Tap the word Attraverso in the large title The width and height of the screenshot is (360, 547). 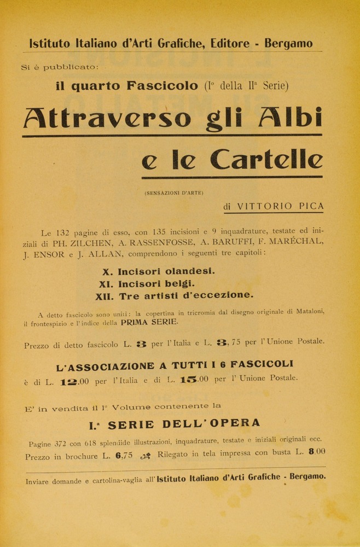[107, 118]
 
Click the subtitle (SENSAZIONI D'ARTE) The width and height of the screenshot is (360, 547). [174, 193]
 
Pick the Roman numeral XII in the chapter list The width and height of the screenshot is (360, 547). [104, 296]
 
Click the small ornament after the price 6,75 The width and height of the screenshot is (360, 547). [146, 455]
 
